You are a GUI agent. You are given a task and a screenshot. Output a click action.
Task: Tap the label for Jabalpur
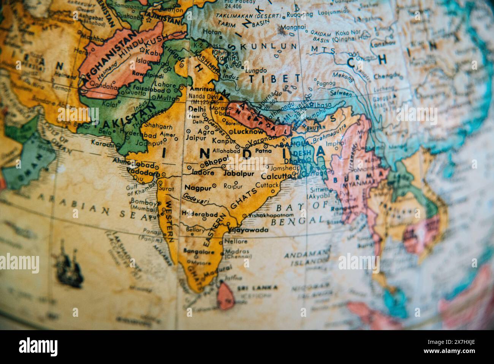(239, 174)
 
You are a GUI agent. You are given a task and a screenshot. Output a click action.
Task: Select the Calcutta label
(276, 176)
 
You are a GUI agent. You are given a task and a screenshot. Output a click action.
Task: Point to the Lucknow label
(248, 132)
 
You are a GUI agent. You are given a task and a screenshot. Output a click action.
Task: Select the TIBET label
(274, 79)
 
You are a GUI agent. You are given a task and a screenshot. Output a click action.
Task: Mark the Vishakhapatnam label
(267, 215)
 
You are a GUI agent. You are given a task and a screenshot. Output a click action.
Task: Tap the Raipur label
(233, 186)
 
